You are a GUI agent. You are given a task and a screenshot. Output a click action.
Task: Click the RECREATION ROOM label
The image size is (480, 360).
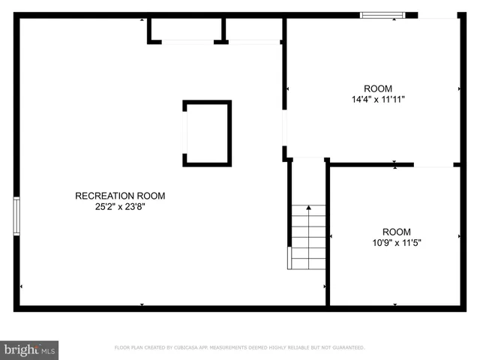[x=120, y=196]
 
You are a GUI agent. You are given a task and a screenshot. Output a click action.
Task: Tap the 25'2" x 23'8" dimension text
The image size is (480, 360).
[x=120, y=206]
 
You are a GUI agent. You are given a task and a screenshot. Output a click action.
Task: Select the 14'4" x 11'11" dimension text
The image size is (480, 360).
[x=378, y=99]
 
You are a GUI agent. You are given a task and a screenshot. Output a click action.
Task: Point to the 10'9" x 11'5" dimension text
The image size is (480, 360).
[x=396, y=242]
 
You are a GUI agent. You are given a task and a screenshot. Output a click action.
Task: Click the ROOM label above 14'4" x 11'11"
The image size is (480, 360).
[x=378, y=88]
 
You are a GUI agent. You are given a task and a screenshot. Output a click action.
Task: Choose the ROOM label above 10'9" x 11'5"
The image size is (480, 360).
[x=396, y=232]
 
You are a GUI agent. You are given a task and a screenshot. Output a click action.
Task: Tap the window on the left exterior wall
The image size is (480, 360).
[x=16, y=216]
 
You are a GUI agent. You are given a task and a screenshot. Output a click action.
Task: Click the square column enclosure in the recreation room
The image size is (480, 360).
[x=207, y=133]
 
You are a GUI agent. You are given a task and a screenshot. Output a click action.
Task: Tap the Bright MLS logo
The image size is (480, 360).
[x=29, y=349]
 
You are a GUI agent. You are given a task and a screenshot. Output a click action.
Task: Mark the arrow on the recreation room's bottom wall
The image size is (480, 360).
[x=142, y=304]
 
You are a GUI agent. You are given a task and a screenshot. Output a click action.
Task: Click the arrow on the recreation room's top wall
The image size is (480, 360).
[x=142, y=19]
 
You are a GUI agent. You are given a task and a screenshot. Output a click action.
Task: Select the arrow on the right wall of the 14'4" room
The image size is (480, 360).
[x=460, y=88]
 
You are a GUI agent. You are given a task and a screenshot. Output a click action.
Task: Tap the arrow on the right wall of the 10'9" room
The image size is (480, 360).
[x=460, y=236]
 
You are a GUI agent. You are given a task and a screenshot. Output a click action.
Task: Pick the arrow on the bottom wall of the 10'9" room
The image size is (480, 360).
[x=395, y=304]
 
